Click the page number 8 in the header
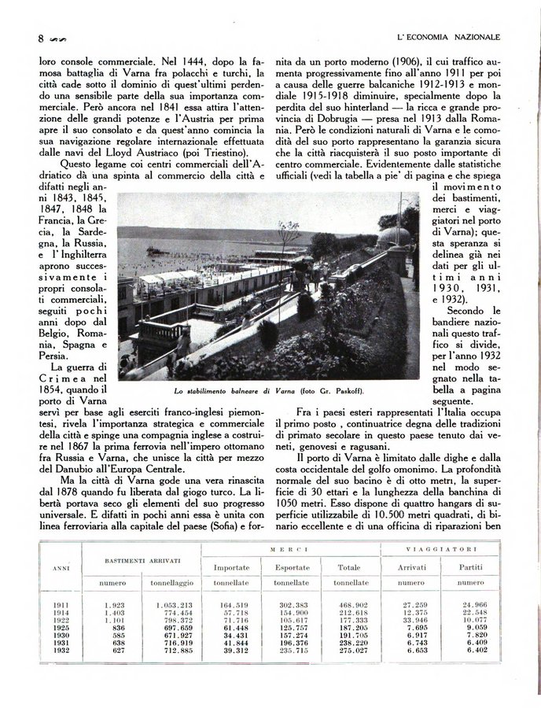(40, 38)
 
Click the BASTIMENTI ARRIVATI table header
(143, 560)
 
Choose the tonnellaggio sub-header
(172, 583)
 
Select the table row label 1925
(61, 628)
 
